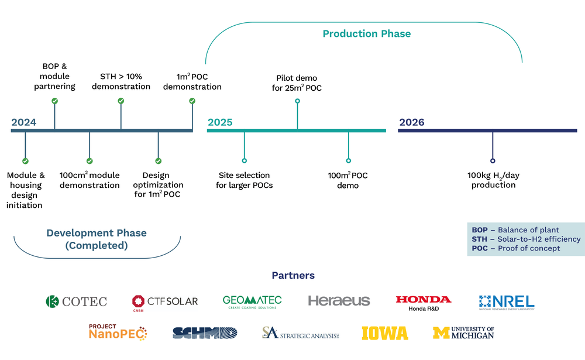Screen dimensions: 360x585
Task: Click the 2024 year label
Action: pos(23,122)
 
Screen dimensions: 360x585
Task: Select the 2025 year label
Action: pos(219,122)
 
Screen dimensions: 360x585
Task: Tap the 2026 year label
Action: pos(412,122)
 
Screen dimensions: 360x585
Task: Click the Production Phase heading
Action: pos(367,34)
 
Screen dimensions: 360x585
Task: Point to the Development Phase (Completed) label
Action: pos(97,239)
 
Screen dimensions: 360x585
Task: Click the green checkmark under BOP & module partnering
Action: pos(54,101)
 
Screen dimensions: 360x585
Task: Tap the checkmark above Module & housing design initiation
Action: pos(25,161)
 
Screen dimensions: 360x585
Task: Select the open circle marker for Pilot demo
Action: pos(297,101)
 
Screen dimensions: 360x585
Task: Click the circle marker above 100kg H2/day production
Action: pos(493,160)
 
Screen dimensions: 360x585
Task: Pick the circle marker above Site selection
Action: pos(244,160)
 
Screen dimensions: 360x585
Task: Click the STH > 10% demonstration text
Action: pos(121,81)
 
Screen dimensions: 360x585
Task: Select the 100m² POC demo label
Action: pos(348,180)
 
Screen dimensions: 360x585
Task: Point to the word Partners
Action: pos(292,275)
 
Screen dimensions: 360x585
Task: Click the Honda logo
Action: pos(423,302)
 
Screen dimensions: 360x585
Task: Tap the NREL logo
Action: pos(507,301)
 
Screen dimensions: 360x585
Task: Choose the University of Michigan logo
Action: pos(463,333)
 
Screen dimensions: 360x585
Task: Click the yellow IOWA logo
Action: pos(384,333)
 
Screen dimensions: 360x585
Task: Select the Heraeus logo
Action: pos(339,301)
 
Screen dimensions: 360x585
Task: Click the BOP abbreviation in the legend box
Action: pos(480,230)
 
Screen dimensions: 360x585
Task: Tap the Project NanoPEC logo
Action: pos(117,332)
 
